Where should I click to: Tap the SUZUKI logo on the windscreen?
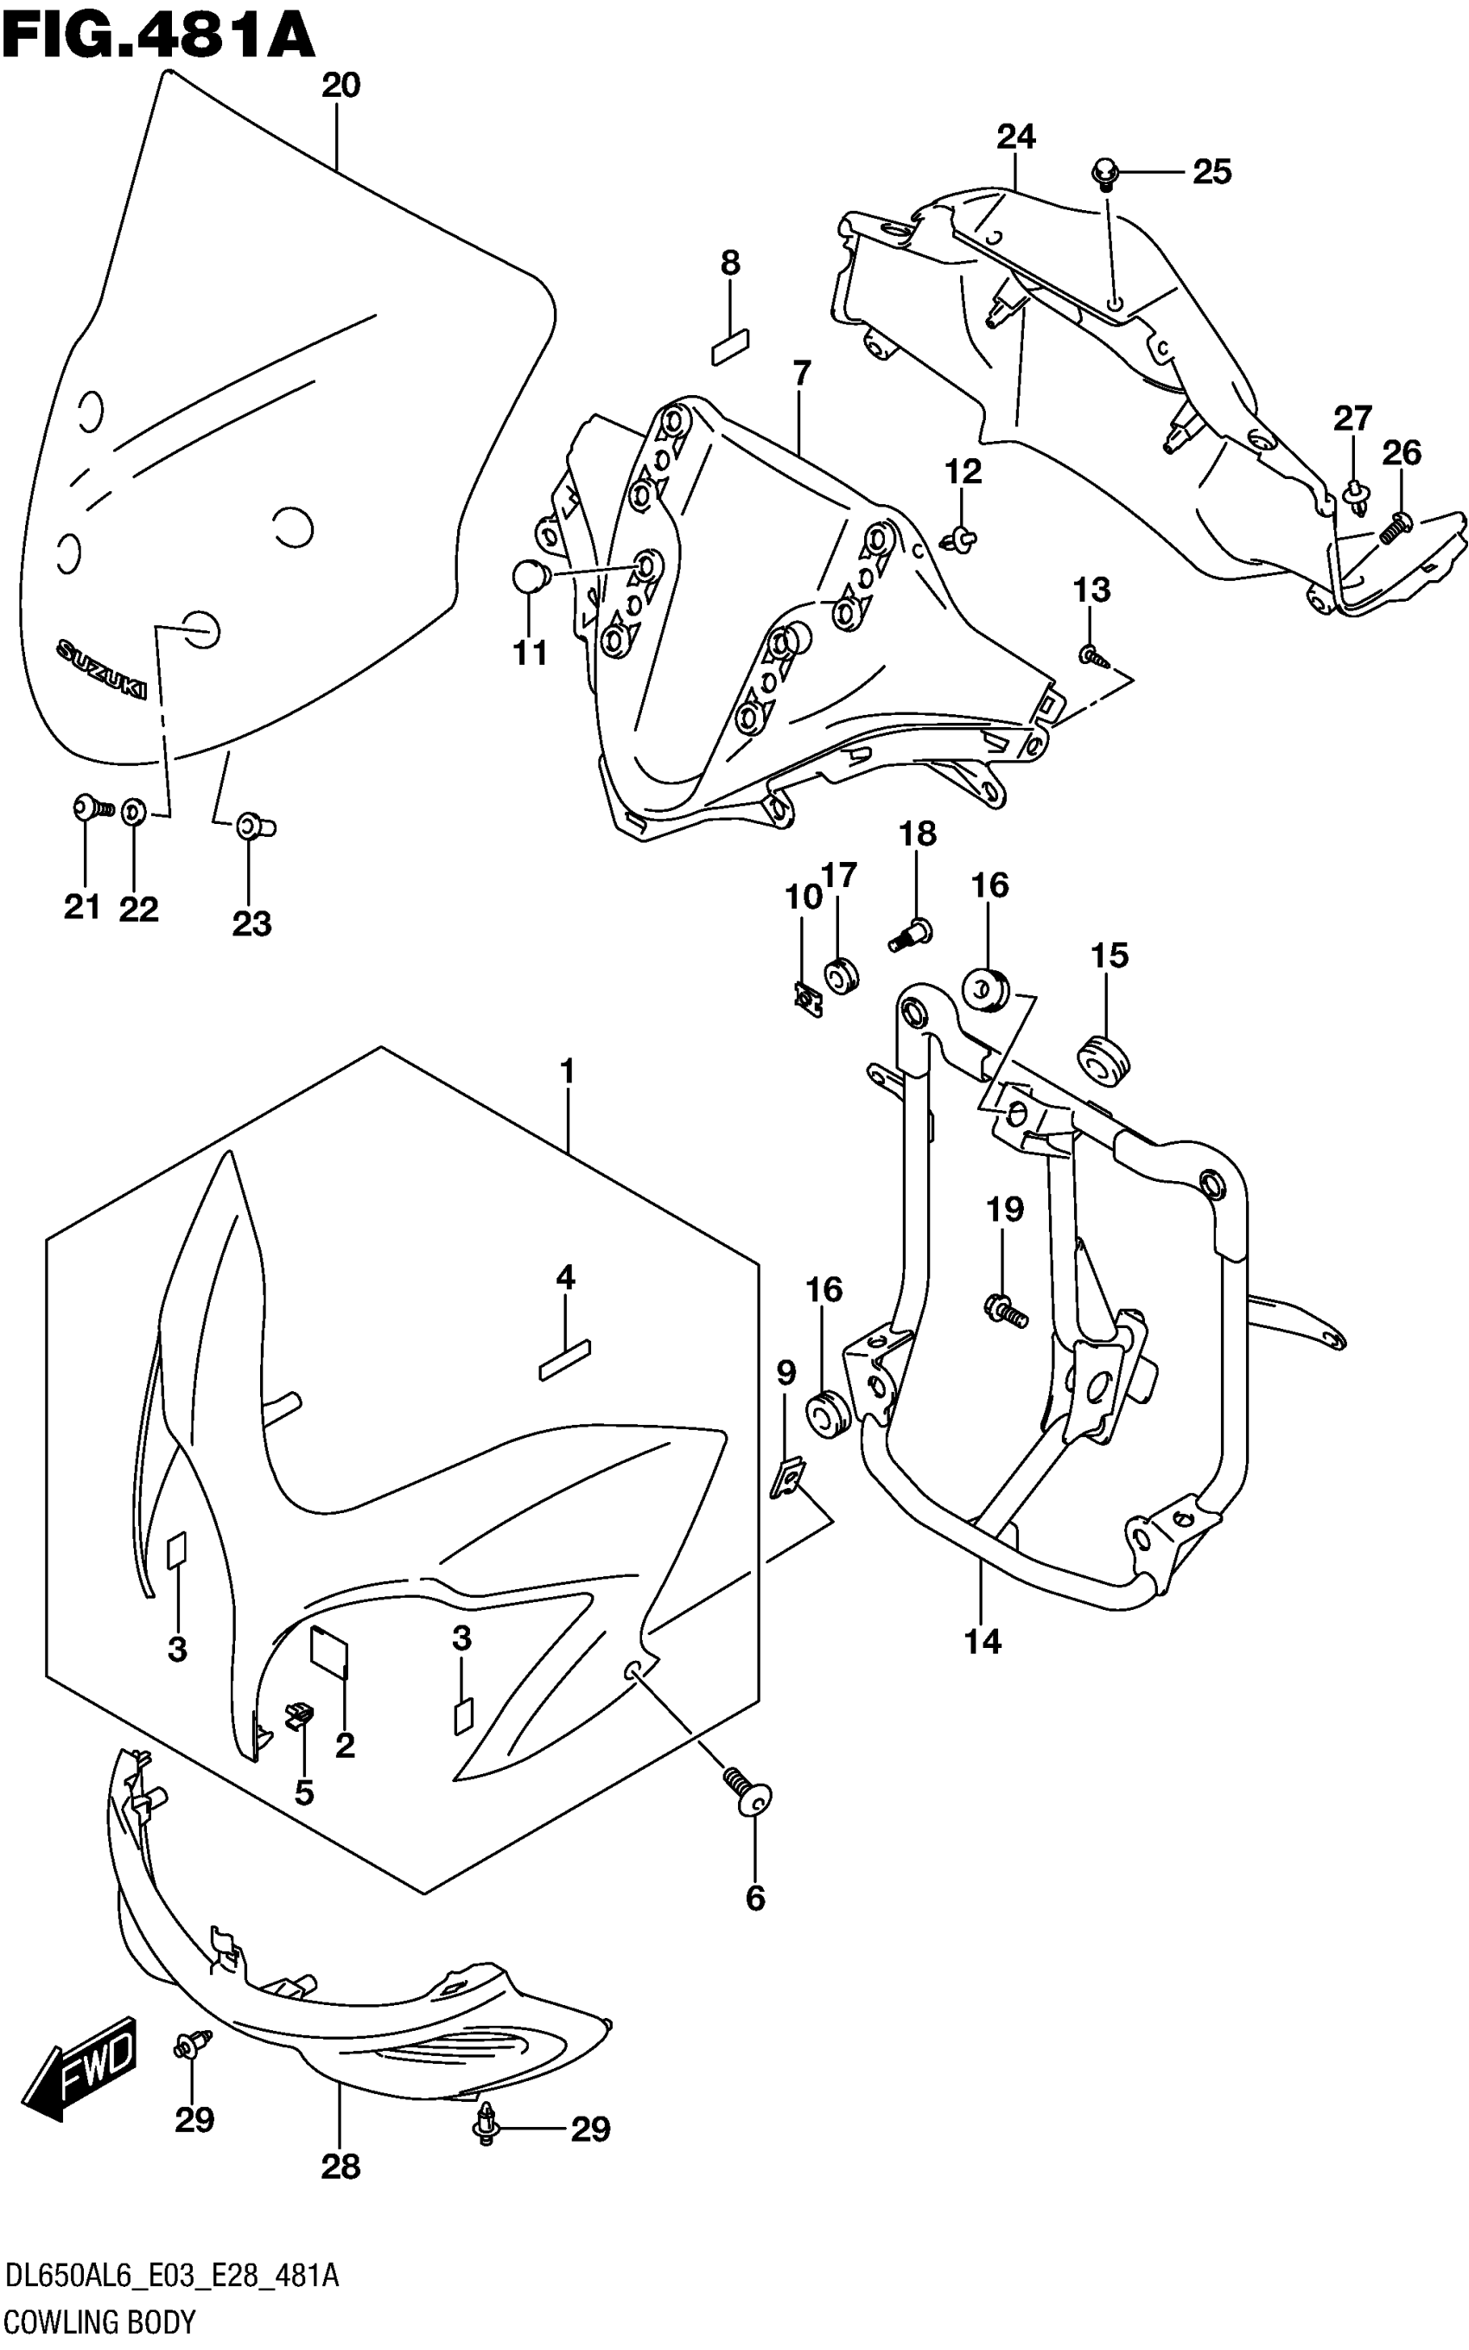101,668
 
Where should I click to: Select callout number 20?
341,86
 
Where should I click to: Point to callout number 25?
1211,172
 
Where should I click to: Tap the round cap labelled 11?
531,578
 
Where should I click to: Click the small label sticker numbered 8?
731,346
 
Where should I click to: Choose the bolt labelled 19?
1006,1313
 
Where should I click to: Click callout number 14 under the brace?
983,1642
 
